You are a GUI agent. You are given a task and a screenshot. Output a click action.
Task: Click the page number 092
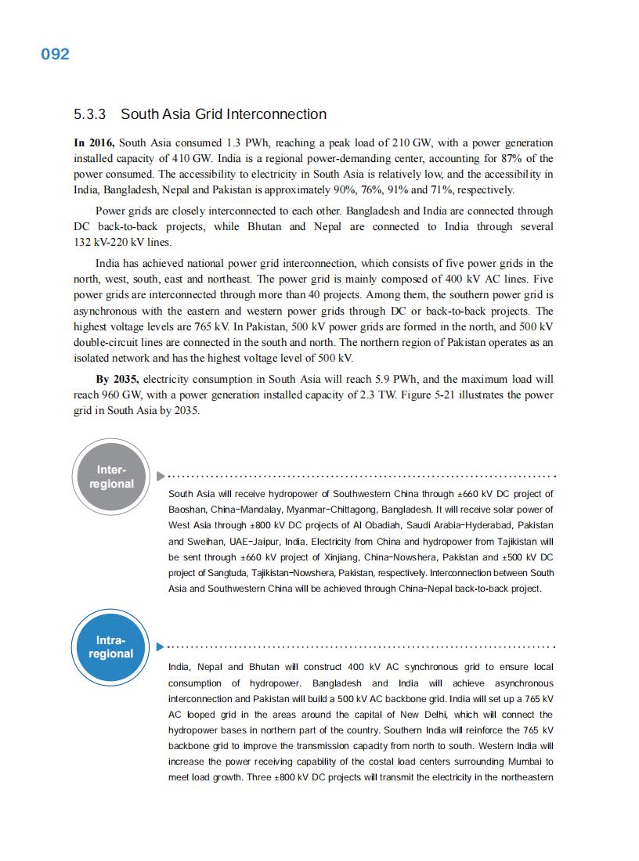coord(55,54)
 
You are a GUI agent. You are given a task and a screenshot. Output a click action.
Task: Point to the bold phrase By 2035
coord(117,380)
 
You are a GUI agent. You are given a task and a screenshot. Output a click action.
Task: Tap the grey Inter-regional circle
coord(111,477)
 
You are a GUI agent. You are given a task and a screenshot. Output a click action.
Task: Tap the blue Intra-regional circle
coord(111,647)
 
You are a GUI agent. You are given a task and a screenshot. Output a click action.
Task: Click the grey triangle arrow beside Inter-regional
coord(161,476)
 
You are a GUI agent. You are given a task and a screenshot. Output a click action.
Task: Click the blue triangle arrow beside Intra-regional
coord(161,647)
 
